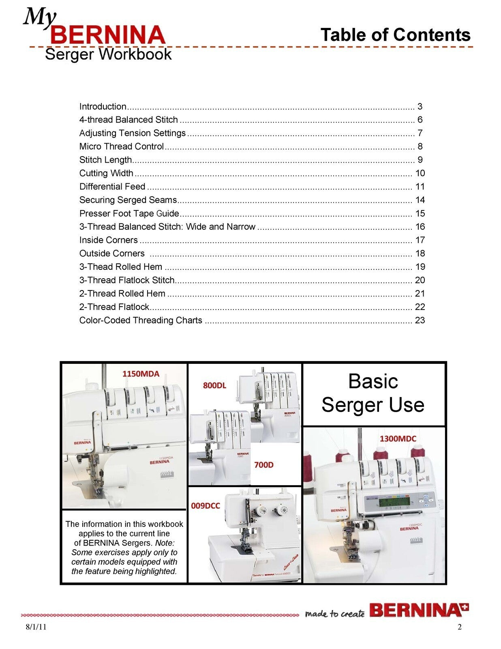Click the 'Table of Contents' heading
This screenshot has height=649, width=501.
click(395, 35)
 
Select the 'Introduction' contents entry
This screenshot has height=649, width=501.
click(103, 107)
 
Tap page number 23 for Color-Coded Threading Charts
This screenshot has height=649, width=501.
click(420, 320)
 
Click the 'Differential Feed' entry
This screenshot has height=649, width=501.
click(112, 187)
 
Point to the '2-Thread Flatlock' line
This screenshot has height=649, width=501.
click(114, 307)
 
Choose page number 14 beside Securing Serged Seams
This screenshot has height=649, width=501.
click(420, 200)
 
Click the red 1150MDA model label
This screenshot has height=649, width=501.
click(141, 374)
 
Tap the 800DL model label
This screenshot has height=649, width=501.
click(214, 385)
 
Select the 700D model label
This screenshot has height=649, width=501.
click(264, 465)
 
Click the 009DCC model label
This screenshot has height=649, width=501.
click(206, 506)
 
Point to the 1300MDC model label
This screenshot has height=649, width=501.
click(398, 438)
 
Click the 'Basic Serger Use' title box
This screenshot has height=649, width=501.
click(373, 393)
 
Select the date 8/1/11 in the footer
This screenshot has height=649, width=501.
click(36, 627)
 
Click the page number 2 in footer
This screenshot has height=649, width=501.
click(459, 627)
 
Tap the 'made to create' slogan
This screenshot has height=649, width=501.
click(334, 614)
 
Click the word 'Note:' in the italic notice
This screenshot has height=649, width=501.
click(165, 543)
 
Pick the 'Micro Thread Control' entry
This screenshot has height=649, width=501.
click(122, 146)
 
